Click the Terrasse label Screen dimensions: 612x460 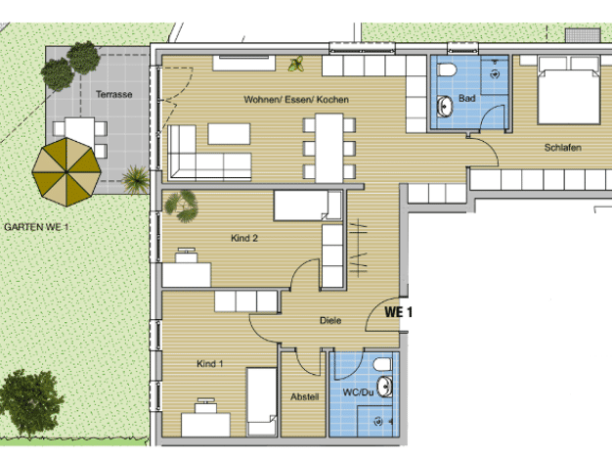pyautogui.click(x=114, y=94)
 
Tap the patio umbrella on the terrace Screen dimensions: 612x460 pyautogui.click(x=66, y=171)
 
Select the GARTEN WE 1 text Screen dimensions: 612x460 pyautogui.click(x=36, y=227)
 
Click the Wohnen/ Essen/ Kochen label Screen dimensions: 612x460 pyautogui.click(x=296, y=100)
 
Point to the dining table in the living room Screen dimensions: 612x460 pyautogui.click(x=329, y=148)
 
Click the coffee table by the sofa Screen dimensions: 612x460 pyautogui.click(x=229, y=134)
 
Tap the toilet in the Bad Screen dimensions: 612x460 pyautogui.click(x=447, y=69)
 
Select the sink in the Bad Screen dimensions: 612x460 pyautogui.click(x=445, y=106)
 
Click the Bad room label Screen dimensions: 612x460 pyautogui.click(x=466, y=98)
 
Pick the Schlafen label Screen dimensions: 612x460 pyautogui.click(x=563, y=148)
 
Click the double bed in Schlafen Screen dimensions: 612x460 pyautogui.click(x=569, y=90)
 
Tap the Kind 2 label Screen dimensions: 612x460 pyautogui.click(x=244, y=238)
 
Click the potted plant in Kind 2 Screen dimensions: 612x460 pyautogui.click(x=182, y=206)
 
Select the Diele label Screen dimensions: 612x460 pyautogui.click(x=330, y=320)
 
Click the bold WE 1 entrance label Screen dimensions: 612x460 pyautogui.click(x=398, y=312)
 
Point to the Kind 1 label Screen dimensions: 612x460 pyautogui.click(x=210, y=364)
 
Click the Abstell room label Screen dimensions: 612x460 pyautogui.click(x=304, y=397)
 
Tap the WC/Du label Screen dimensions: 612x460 pyautogui.click(x=358, y=392)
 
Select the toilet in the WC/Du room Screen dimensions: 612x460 pyautogui.click(x=382, y=365)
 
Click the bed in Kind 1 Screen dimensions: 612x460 pyautogui.click(x=261, y=401)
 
